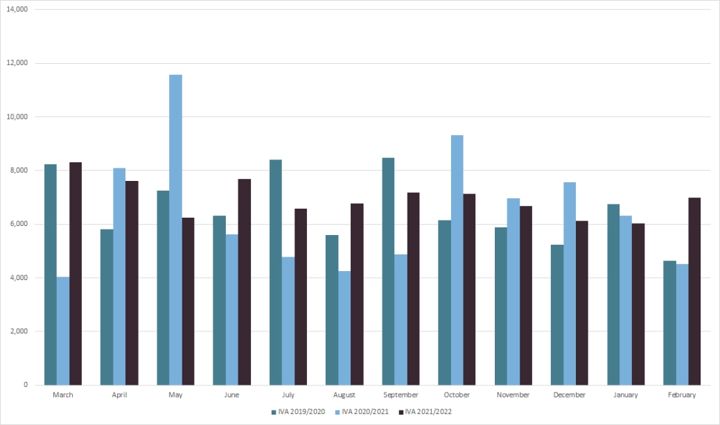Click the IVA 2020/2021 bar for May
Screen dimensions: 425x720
pyautogui.click(x=175, y=229)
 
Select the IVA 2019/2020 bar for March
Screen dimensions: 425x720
pyautogui.click(x=51, y=275)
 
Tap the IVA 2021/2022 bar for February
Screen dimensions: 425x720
pyautogui.click(x=694, y=291)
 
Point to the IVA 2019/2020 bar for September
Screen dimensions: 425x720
pyautogui.click(x=388, y=271)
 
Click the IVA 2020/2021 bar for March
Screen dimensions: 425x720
pyautogui.click(x=63, y=331)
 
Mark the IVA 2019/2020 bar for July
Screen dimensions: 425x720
pyautogui.click(x=276, y=272)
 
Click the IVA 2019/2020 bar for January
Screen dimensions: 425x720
pyautogui.click(x=613, y=294)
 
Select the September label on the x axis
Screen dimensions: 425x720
pyautogui.click(x=401, y=394)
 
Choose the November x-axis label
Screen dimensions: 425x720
pyautogui.click(x=513, y=394)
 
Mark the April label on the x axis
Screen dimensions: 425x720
pyautogui.click(x=119, y=394)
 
